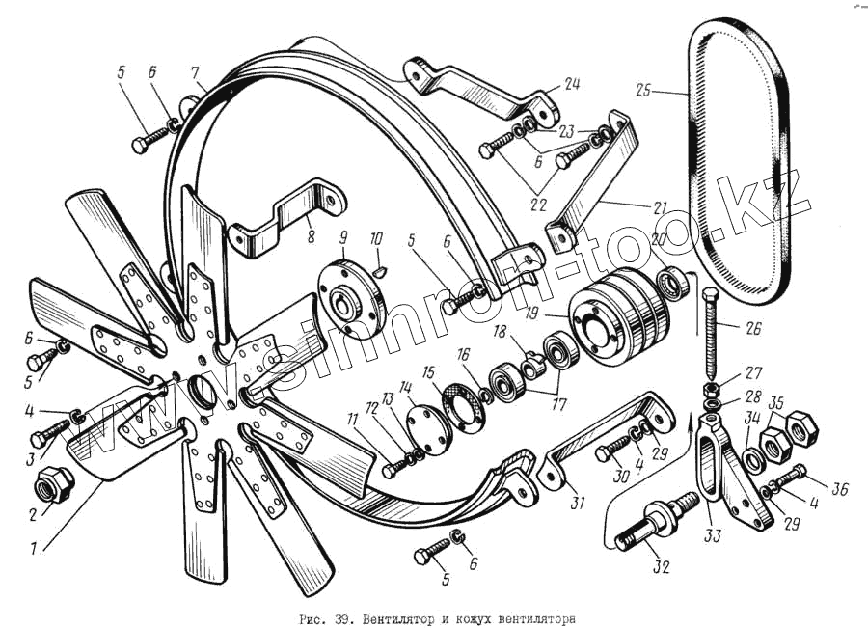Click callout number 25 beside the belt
pyautogui.click(x=642, y=91)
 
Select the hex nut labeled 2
pyautogui.click(x=49, y=480)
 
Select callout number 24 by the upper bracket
pyautogui.click(x=573, y=86)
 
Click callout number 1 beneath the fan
pyautogui.click(x=36, y=551)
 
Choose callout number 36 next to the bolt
pyautogui.click(x=839, y=489)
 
